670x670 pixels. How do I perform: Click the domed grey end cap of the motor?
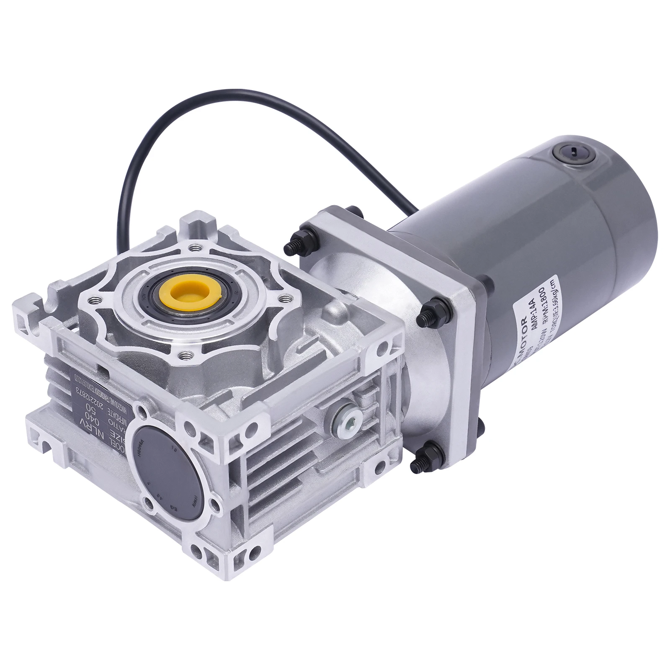point(636,234)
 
